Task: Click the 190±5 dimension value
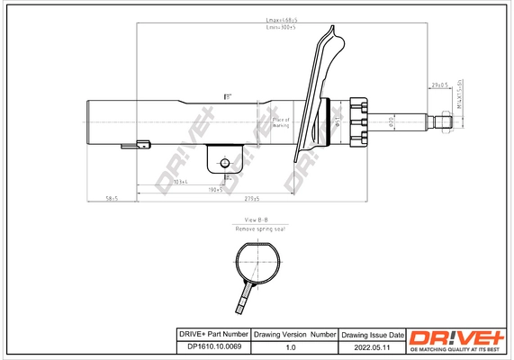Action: [x=214, y=191]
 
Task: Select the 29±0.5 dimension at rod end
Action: [x=439, y=86]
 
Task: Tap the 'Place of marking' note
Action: [x=280, y=122]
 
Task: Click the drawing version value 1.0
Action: [x=290, y=346]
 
